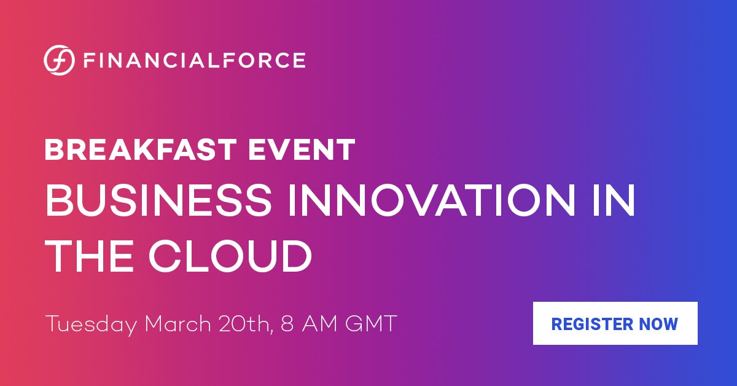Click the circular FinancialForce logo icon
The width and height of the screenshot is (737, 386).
[x=60, y=60]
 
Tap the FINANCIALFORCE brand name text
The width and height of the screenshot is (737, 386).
[x=194, y=60]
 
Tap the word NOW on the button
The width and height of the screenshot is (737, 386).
[x=660, y=323]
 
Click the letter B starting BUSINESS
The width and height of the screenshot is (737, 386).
[x=60, y=202]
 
